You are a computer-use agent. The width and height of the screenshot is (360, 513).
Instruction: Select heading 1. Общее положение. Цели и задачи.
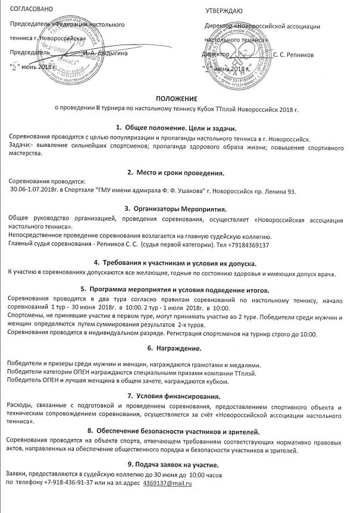[176, 128]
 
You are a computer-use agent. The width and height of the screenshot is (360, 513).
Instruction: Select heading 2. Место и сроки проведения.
[176, 173]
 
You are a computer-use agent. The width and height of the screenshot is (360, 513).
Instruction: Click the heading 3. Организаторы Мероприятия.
[176, 209]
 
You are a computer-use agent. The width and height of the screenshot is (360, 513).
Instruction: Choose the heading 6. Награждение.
[176, 347]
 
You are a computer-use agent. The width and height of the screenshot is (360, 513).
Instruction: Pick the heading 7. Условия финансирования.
[176, 395]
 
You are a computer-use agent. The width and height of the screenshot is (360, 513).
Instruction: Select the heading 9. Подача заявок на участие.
[176, 464]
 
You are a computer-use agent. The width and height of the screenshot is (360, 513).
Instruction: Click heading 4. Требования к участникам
[176, 262]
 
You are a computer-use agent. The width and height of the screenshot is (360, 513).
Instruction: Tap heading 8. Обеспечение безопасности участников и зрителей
[176, 430]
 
